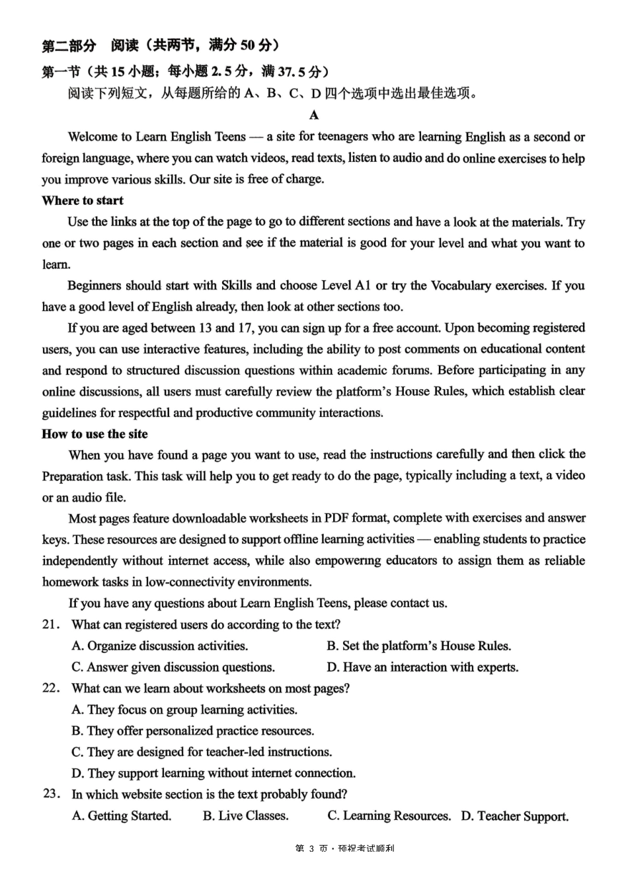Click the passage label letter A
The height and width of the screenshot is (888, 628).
pyautogui.click(x=314, y=115)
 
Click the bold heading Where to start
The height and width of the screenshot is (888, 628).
pyautogui.click(x=83, y=200)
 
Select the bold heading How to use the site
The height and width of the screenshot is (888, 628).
pyautogui.click(x=95, y=434)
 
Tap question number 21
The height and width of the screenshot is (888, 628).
pyautogui.click(x=51, y=624)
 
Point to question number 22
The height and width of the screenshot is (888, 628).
pyautogui.click(x=51, y=688)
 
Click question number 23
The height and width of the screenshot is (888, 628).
pyautogui.click(x=52, y=794)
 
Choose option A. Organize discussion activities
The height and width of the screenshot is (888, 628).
pyautogui.click(x=160, y=646)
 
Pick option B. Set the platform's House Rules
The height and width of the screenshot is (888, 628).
pyautogui.click(x=418, y=646)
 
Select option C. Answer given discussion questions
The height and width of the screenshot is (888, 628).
pyautogui.click(x=173, y=667)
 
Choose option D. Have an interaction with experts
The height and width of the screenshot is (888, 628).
pyautogui.click(x=422, y=667)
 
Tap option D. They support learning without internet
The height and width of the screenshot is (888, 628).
pyautogui.click(x=214, y=773)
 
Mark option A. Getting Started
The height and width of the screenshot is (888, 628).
pyautogui.click(x=122, y=815)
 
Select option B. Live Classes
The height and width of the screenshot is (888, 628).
pyautogui.click(x=246, y=815)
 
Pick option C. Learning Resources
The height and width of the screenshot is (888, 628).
pyautogui.click(x=389, y=815)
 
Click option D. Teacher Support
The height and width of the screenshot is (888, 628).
pyautogui.click(x=515, y=816)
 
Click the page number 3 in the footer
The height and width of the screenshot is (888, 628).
pyautogui.click(x=311, y=848)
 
